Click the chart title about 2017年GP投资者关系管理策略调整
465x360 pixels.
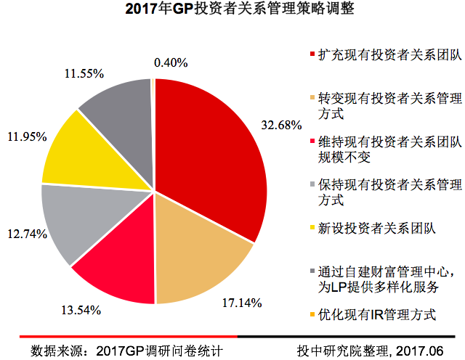(232, 11)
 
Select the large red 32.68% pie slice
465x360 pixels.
(207, 145)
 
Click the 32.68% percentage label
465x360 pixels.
(281, 125)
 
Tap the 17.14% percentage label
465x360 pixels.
(241, 303)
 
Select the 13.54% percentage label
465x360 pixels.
(80, 311)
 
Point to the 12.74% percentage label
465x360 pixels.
(25, 234)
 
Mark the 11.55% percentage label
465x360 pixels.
(85, 73)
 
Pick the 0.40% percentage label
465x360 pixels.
(171, 62)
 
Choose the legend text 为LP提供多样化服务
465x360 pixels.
(379, 287)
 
